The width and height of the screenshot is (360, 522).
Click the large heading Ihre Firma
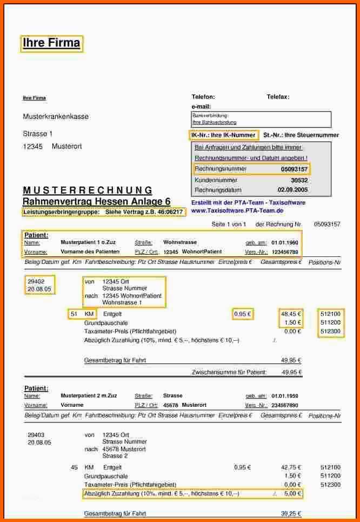pyautogui.click(x=51, y=43)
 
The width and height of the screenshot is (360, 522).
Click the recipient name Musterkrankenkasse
pyautogui.click(x=56, y=116)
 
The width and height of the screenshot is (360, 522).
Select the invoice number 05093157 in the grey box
pyautogui.click(x=294, y=169)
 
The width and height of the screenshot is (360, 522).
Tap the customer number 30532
pyautogui.click(x=299, y=180)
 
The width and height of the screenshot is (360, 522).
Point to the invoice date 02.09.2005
pyautogui.click(x=292, y=190)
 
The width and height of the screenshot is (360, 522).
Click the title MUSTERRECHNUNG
pyautogui.click(x=88, y=190)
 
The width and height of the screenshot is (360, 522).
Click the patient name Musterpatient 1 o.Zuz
pyautogui.click(x=88, y=242)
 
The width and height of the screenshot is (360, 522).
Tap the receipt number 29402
pyautogui.click(x=36, y=281)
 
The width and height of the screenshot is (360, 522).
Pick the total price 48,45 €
pyautogui.click(x=291, y=313)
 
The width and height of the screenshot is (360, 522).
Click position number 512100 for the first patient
pyautogui.click(x=330, y=313)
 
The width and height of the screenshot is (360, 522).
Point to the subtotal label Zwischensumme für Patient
pyautogui.click(x=229, y=372)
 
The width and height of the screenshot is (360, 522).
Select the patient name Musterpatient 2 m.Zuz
pyautogui.click(x=89, y=395)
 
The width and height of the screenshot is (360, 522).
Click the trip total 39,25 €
pyautogui.click(x=291, y=513)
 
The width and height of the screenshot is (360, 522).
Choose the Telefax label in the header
pyautogui.click(x=278, y=97)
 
